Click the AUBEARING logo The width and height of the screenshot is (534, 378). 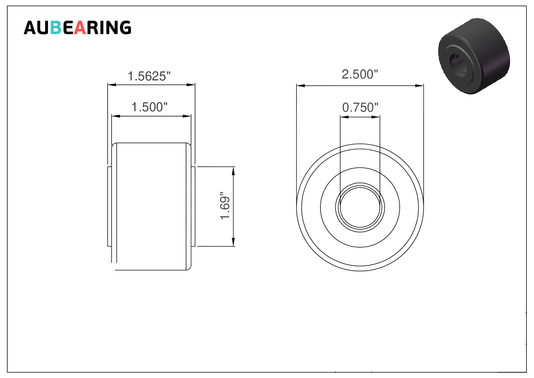click(x=78, y=27)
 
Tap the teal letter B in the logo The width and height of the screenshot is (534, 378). click(x=56, y=27)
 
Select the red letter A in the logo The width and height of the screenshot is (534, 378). click(x=80, y=27)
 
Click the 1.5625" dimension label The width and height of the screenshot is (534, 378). click(x=149, y=76)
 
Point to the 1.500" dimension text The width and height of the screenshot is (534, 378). click(x=150, y=107)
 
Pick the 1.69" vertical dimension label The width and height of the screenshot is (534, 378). click(x=225, y=205)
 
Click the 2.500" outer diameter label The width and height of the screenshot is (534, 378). click(x=360, y=74)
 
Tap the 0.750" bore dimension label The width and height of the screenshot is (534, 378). click(x=360, y=107)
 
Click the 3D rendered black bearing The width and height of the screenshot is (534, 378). click(x=474, y=56)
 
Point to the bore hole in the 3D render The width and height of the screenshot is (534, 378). click(x=457, y=63)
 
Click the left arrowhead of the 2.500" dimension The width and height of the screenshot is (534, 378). click(x=301, y=86)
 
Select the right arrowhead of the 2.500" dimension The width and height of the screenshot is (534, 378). click(x=419, y=86)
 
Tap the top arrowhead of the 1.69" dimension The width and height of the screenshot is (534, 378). click(x=233, y=171)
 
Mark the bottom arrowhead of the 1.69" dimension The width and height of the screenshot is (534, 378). click(x=233, y=242)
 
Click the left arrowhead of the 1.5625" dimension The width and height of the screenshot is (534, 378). click(x=112, y=85)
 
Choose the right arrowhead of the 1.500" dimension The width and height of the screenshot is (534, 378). click(x=187, y=116)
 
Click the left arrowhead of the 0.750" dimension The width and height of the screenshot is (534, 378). click(x=344, y=117)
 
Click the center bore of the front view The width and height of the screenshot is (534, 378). click(x=360, y=207)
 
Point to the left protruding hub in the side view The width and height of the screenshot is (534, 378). click(x=110, y=207)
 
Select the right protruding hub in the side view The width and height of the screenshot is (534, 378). click(x=193, y=207)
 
